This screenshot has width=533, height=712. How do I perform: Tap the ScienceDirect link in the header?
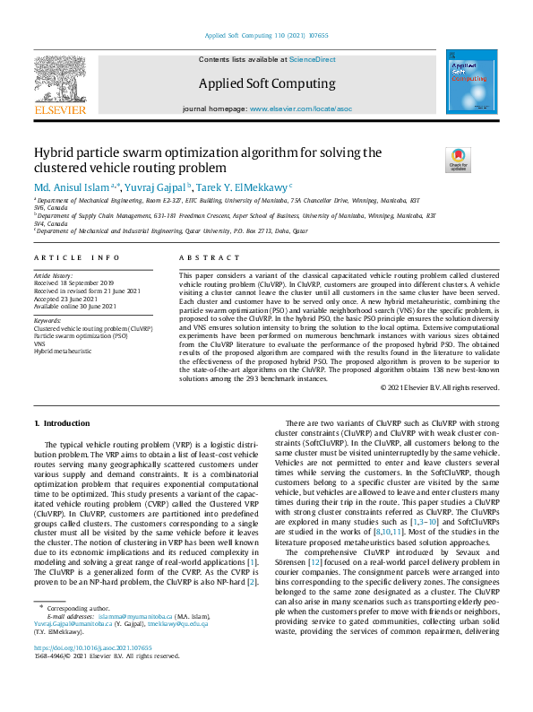click(x=313, y=59)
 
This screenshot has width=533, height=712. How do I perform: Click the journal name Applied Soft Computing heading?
click(x=266, y=83)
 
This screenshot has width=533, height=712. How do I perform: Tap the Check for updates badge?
click(x=458, y=160)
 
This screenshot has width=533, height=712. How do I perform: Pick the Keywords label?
click(x=47, y=320)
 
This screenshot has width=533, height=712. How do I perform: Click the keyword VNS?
click(x=40, y=343)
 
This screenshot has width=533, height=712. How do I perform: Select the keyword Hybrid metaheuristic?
click(x=64, y=351)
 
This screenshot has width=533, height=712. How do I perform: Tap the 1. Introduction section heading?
click(x=62, y=422)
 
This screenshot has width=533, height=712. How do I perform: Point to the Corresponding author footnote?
click(x=75, y=633)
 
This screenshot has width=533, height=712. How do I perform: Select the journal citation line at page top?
click(x=266, y=36)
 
